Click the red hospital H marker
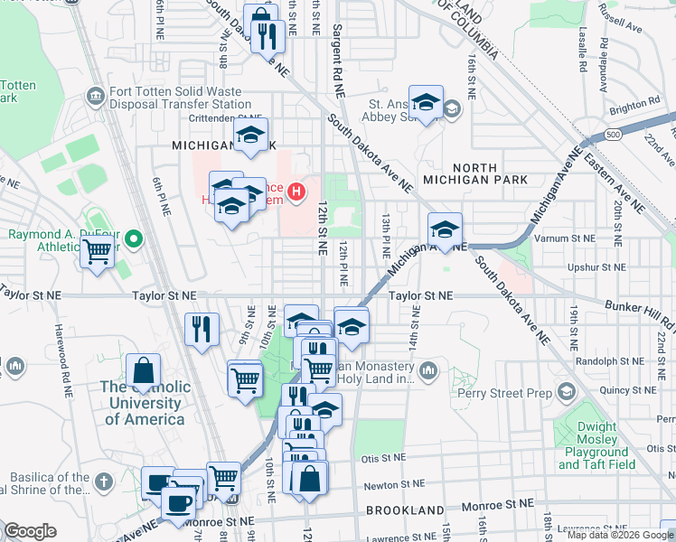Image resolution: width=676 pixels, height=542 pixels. (x=295, y=191)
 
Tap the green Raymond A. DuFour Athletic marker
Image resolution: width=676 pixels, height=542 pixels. (x=134, y=239)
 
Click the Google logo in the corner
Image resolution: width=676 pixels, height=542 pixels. (x=30, y=531)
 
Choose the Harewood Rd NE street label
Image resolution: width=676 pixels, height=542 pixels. (x=61, y=361)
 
